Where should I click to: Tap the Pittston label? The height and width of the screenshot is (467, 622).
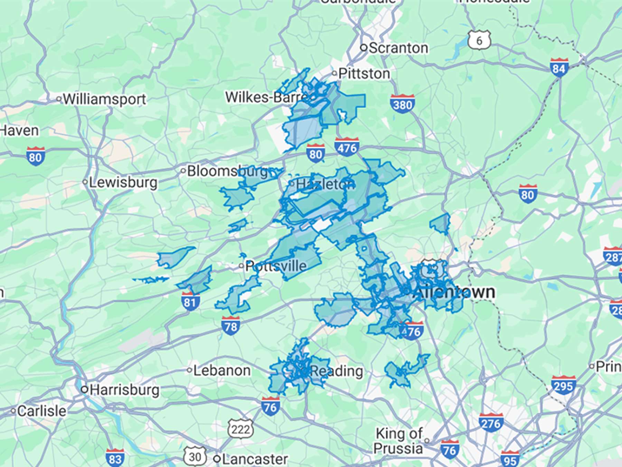[x=364, y=74]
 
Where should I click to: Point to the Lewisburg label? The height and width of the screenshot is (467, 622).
[x=123, y=182]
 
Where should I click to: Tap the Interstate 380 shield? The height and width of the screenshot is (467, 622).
[x=403, y=104]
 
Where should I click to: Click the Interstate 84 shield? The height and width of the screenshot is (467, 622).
[x=559, y=68]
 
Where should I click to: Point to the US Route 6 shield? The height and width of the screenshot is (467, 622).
[x=479, y=40]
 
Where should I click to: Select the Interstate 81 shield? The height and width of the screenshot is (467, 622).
[x=190, y=302]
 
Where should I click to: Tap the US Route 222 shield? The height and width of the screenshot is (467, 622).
[x=241, y=429]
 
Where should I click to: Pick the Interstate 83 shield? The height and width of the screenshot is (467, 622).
[x=115, y=458]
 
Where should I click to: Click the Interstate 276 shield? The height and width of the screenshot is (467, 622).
[x=491, y=423]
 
